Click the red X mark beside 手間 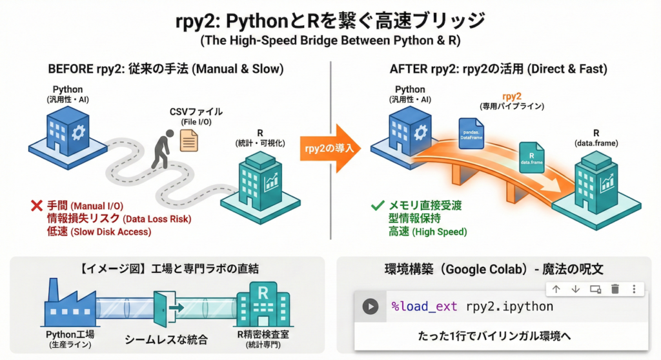tap(36, 207)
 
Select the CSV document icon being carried tap(189, 139)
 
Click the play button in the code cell tap(370, 306)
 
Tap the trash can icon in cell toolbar tap(615, 289)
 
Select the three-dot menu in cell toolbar tap(635, 289)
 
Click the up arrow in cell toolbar tap(556, 289)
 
